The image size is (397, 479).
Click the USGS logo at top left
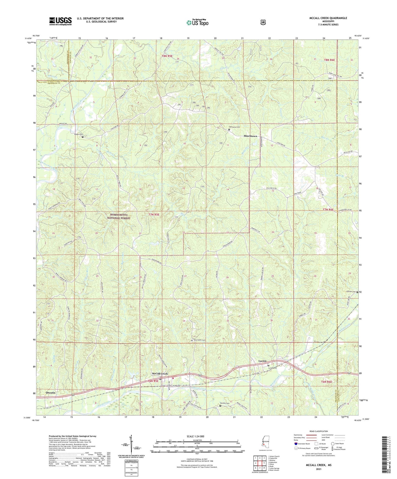pos(60,21)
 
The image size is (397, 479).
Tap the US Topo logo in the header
pos(197,22)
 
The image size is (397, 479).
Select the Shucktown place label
pos(250,136)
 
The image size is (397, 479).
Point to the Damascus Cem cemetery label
pos(235,127)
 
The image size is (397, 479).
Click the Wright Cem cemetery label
pos(78,134)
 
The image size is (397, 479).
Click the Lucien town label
pos(262,361)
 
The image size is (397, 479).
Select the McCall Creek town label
pos(160,374)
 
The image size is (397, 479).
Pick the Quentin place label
pos(50,393)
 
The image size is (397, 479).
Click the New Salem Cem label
pos(199,340)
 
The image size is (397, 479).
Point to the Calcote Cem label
pos(351,292)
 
